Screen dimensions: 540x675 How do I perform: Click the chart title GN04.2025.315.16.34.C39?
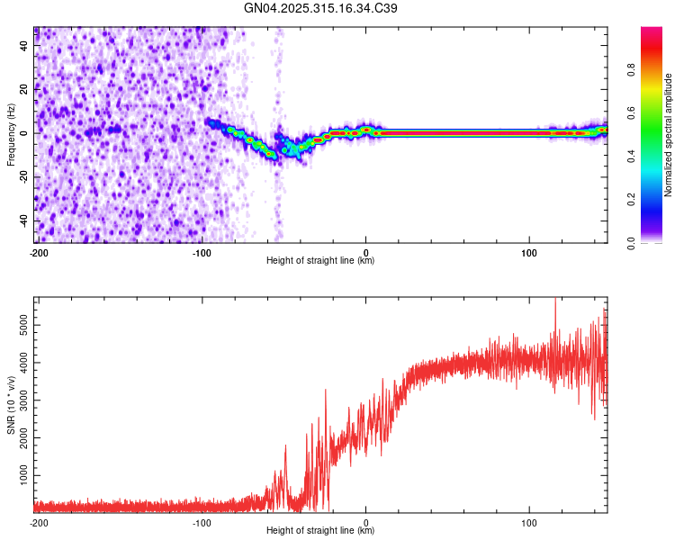pos(321,8)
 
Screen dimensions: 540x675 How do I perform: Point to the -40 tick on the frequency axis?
pos(24,220)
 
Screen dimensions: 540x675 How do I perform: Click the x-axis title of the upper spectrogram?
pos(320,261)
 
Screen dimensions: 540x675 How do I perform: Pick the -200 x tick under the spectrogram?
pos(39,252)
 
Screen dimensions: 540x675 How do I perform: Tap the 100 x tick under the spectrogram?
pos(529,252)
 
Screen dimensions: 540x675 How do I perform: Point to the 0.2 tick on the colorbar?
pos(656,200)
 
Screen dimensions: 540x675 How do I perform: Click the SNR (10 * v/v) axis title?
pos(11,404)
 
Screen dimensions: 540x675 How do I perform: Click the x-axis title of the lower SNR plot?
pos(320,531)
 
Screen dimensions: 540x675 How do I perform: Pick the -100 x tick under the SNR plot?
pos(202,522)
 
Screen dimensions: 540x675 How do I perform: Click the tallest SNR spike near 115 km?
pos(554,301)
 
